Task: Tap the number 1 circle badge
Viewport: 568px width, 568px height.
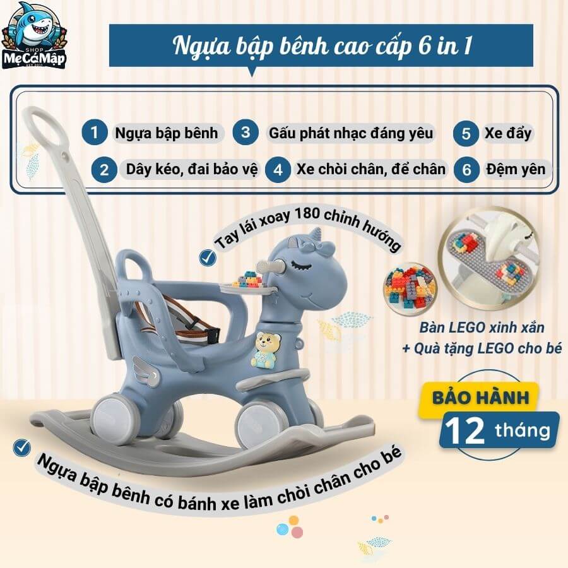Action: [x=94, y=133]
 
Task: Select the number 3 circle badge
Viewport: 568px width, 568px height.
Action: [x=246, y=133]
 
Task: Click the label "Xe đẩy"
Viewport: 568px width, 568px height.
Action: [x=508, y=133]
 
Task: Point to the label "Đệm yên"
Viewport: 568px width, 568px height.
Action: [x=516, y=169]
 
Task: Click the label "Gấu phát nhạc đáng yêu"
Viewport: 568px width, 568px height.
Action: [x=351, y=133]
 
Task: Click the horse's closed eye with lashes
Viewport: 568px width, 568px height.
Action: [x=302, y=266]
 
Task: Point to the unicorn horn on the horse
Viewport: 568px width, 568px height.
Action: [x=317, y=234]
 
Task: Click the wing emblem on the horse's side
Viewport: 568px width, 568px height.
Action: [x=146, y=371]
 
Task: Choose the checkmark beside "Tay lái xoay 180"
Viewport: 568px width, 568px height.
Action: [x=208, y=257]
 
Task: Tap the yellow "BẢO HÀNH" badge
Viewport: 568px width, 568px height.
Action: [x=480, y=398]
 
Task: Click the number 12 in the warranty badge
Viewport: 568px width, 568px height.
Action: [x=464, y=431]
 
